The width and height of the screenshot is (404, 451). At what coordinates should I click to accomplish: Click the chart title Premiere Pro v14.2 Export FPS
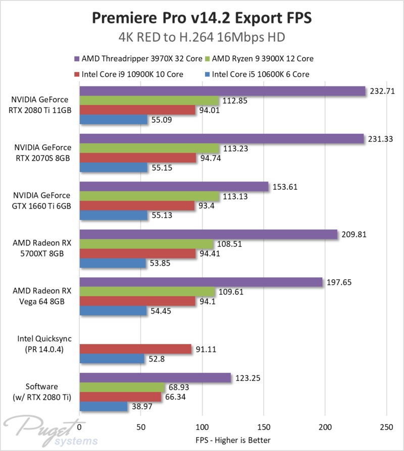(x=201, y=18)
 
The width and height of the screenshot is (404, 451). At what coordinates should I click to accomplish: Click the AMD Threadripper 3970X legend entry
(x=141, y=59)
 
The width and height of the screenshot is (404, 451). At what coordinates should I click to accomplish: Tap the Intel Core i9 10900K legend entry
(x=132, y=74)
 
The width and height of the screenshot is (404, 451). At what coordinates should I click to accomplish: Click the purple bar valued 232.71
(x=222, y=91)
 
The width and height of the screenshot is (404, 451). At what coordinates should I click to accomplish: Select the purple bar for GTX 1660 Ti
(x=174, y=186)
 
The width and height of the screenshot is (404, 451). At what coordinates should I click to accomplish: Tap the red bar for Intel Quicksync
(x=135, y=349)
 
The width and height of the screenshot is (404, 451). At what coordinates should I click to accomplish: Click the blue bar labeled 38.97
(x=103, y=406)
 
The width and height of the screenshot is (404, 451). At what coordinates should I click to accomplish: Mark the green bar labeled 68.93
(x=122, y=387)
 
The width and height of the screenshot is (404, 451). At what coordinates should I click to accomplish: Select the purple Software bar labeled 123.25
(x=155, y=377)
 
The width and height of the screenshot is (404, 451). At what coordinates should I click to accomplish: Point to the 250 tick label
(x=387, y=426)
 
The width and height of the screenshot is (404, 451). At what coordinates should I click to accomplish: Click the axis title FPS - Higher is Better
(x=233, y=439)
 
